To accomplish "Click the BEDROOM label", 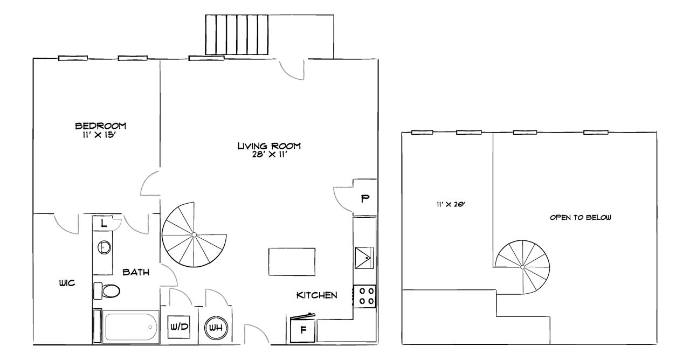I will [100, 126].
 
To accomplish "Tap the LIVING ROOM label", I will [269, 146].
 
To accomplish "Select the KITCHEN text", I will [316, 295].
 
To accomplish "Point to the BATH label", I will [136, 272].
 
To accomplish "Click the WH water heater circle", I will [216, 327].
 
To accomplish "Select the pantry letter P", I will [364, 198].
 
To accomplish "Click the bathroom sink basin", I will [104, 247].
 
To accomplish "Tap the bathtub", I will [130, 327].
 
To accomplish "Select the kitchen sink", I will [364, 257].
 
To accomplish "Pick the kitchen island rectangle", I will [292, 261].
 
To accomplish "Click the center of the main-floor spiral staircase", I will [194, 235].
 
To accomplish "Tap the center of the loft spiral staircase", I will [522, 267].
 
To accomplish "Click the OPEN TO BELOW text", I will [580, 218].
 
